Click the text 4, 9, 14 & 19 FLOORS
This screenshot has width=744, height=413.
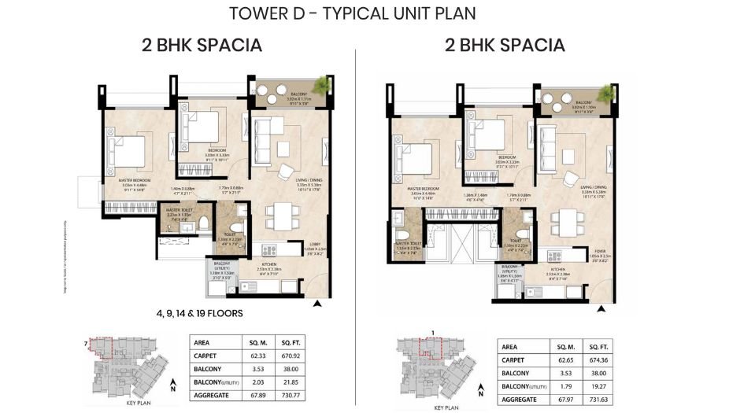198,312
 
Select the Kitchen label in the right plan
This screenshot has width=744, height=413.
560,267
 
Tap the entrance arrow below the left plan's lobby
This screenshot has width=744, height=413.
317,302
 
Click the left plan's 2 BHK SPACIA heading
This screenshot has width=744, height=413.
202,45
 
